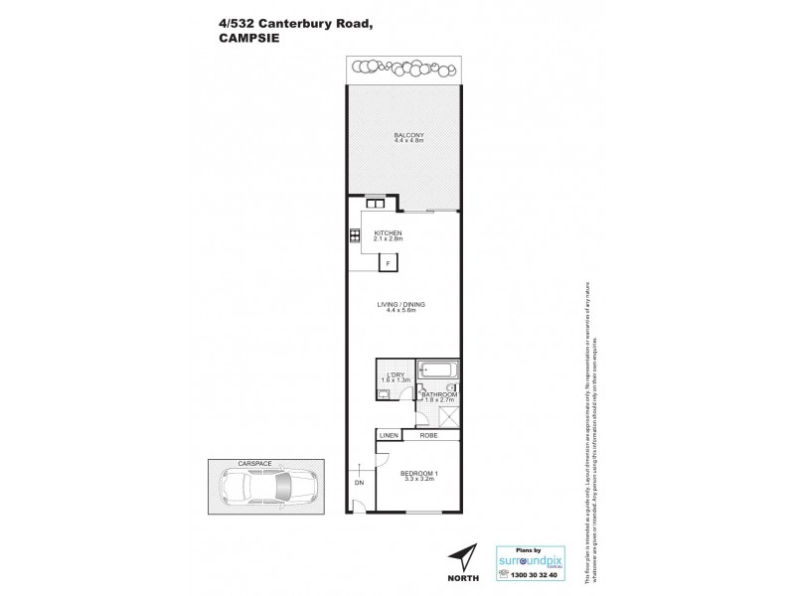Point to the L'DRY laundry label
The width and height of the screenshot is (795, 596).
pyautogui.click(x=395, y=373)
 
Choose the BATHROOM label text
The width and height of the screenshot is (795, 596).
pyautogui.click(x=437, y=394)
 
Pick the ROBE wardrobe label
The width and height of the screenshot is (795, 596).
pyautogui.click(x=429, y=435)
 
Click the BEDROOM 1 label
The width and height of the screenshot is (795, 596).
pyautogui.click(x=418, y=472)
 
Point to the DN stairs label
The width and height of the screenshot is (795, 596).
pyautogui.click(x=358, y=485)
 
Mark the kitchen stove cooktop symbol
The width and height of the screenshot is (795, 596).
pyautogui.click(x=354, y=236)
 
